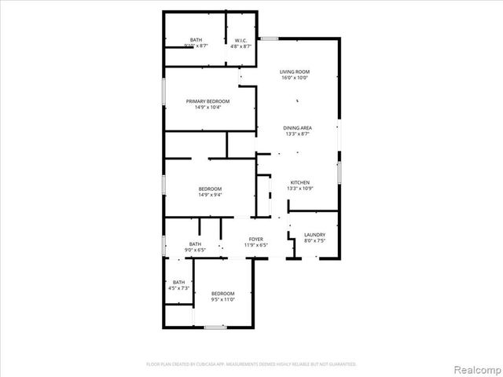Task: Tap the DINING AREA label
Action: tap(299, 127)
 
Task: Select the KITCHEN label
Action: tap(300, 182)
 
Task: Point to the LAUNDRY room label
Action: tap(314, 235)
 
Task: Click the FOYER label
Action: tap(256, 239)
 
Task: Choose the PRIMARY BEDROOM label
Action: tap(207, 101)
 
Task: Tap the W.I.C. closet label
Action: tap(241, 40)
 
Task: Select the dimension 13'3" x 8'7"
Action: tap(299, 134)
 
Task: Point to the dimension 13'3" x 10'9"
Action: tap(300, 188)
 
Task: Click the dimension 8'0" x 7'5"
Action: tap(314, 241)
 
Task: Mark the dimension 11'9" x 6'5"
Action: tap(256, 245)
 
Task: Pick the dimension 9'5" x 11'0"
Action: tap(222, 299)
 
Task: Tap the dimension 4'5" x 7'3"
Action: tap(179, 288)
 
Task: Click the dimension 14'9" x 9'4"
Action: tap(210, 195)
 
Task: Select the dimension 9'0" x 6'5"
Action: tap(194, 250)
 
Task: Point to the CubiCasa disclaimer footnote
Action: tap(251, 364)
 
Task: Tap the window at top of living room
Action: tap(270, 38)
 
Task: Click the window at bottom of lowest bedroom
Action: tap(215, 326)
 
